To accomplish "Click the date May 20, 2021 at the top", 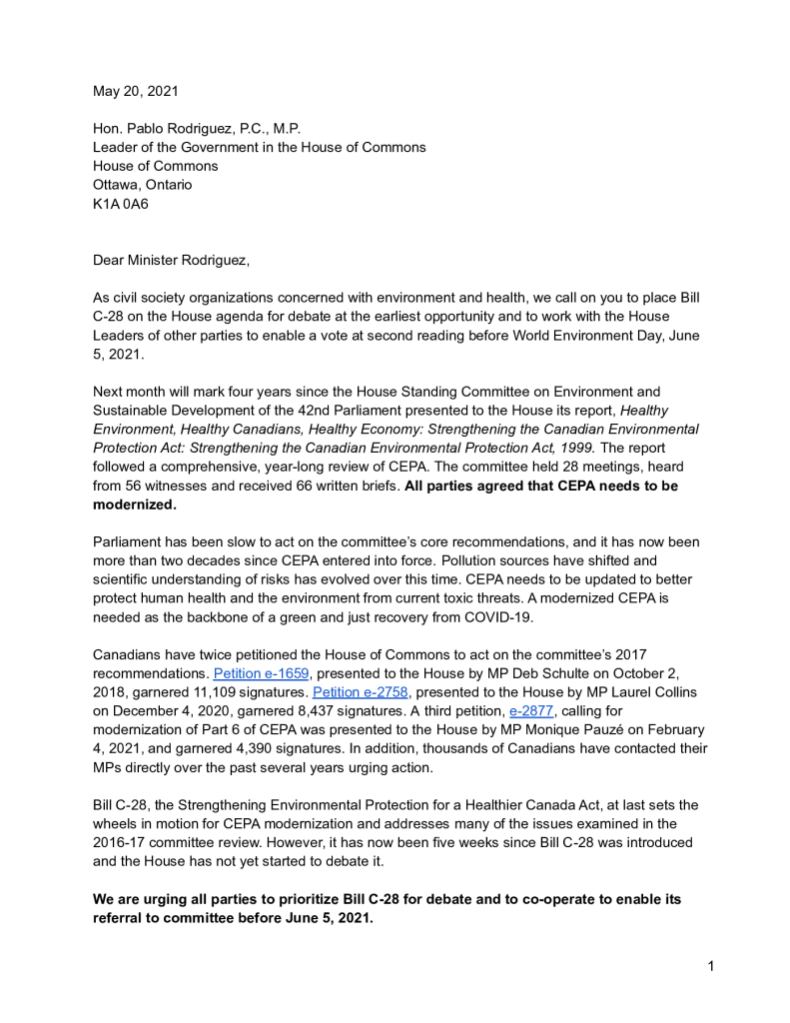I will [136, 91].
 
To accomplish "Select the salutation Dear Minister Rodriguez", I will [171, 261].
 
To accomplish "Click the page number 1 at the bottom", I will [710, 966].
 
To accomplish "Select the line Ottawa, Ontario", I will [143, 185].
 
